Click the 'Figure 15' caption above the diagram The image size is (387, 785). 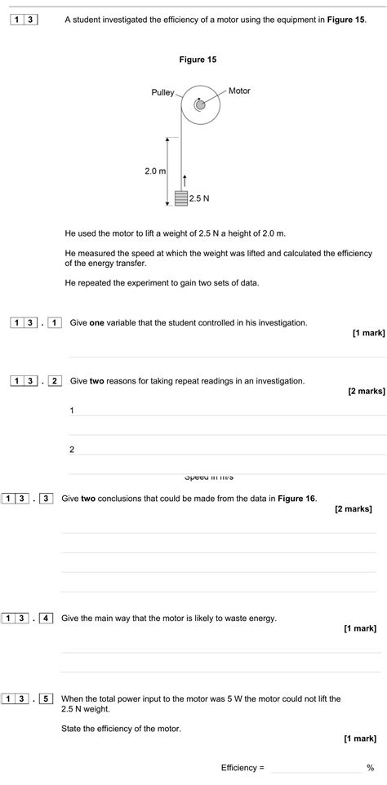coord(198,60)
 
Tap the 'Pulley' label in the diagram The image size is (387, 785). coord(162,92)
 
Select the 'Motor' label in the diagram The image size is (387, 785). coord(239,91)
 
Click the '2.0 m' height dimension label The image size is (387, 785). coord(155,171)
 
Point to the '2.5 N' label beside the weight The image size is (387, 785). coord(200,198)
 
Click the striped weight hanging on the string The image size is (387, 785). coord(181,197)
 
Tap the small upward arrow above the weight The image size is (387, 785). coord(185,180)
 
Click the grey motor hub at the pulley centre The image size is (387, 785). coord(199,104)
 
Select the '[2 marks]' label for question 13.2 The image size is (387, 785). coord(367,391)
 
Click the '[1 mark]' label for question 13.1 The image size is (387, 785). coord(369,333)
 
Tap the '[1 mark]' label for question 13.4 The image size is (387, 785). coord(360,628)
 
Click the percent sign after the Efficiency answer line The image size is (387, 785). coord(371,768)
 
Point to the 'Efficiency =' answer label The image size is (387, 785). coord(242,768)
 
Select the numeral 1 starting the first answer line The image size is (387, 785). coord(72,410)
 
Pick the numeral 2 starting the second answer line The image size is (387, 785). coord(72,449)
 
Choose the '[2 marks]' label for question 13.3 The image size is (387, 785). coord(354,508)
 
